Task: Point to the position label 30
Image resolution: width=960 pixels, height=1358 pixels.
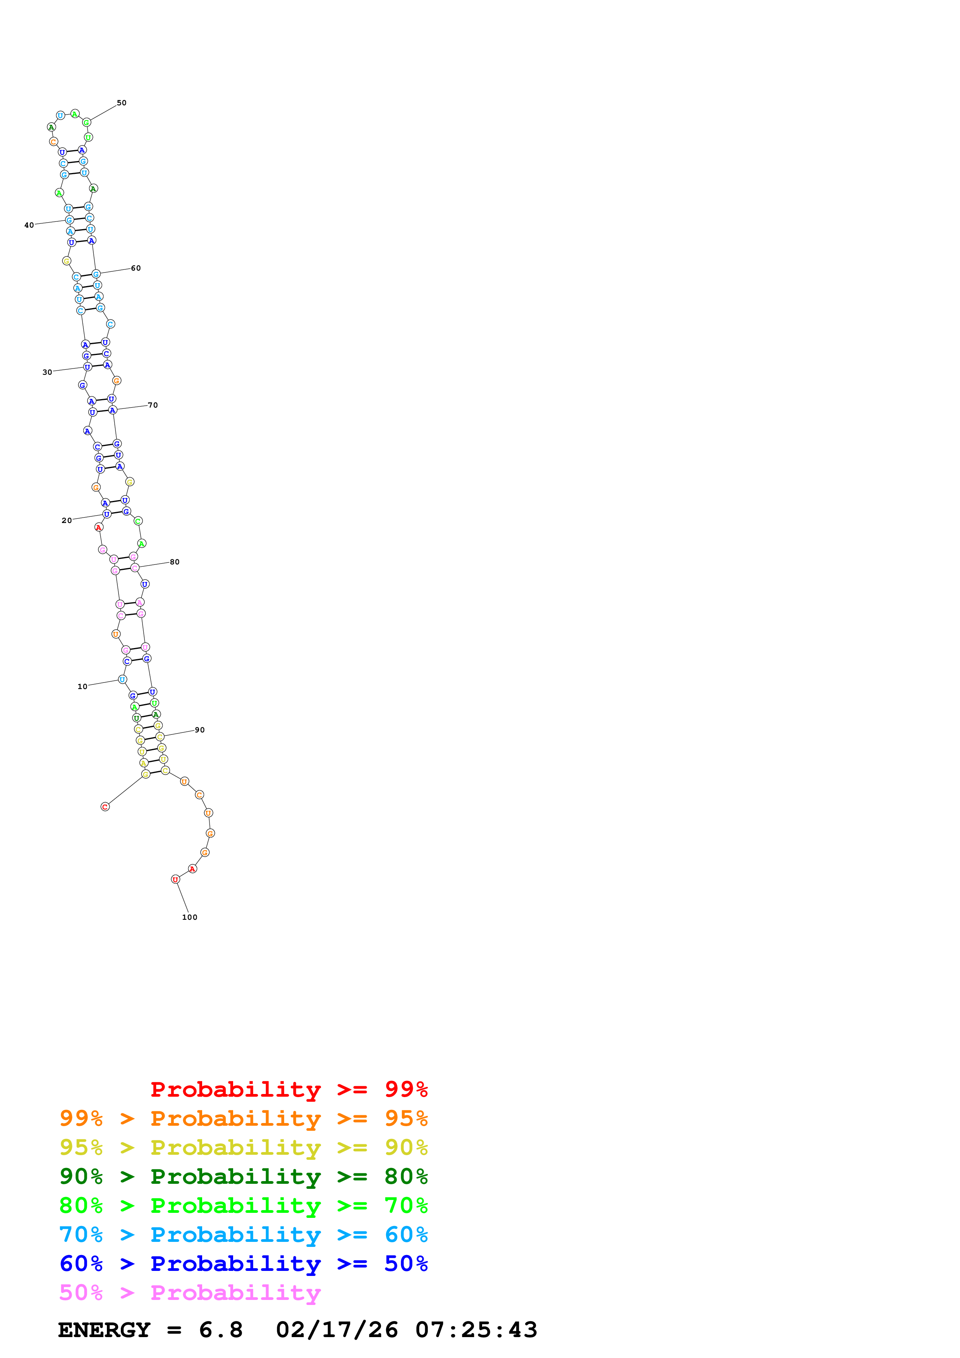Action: pyautogui.click(x=47, y=372)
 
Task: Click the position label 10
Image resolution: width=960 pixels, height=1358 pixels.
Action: pyautogui.click(x=82, y=687)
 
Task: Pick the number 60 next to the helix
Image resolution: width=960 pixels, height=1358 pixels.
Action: pyautogui.click(x=136, y=268)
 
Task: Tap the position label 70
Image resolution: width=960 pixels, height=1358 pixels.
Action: pyautogui.click(x=153, y=405)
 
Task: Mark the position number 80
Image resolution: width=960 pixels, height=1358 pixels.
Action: pyautogui.click(x=175, y=562)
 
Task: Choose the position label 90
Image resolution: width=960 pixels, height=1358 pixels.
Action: pyautogui.click(x=200, y=730)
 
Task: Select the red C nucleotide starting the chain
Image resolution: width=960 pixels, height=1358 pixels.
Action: pyautogui.click(x=105, y=807)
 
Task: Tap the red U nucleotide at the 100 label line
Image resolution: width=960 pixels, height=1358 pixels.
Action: pyautogui.click(x=175, y=880)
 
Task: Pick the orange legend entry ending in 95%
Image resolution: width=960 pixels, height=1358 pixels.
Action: pyautogui.click(x=244, y=1118)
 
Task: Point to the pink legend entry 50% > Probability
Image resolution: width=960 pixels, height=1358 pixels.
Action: pyautogui.click(x=190, y=1293)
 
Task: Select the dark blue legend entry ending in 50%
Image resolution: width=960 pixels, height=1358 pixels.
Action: pyautogui.click(x=244, y=1264)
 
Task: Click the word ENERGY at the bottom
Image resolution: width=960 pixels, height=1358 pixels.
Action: pyautogui.click(x=104, y=1330)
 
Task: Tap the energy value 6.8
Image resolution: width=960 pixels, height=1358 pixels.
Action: pyautogui.click(x=221, y=1330)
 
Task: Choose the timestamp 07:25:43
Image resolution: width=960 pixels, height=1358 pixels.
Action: pyautogui.click(x=476, y=1330)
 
